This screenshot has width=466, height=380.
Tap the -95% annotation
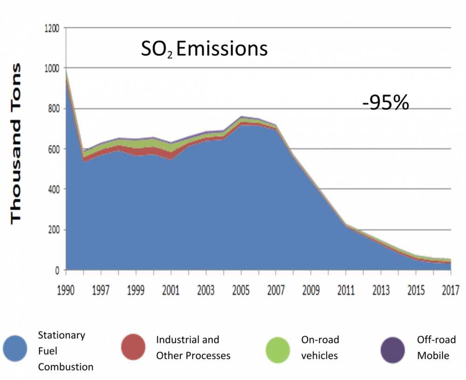[x=385, y=103]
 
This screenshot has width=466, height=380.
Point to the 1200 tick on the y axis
[x=51, y=28]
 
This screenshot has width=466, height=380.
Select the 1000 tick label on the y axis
[x=51, y=69]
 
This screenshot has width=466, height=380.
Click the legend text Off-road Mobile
[x=433, y=347]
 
